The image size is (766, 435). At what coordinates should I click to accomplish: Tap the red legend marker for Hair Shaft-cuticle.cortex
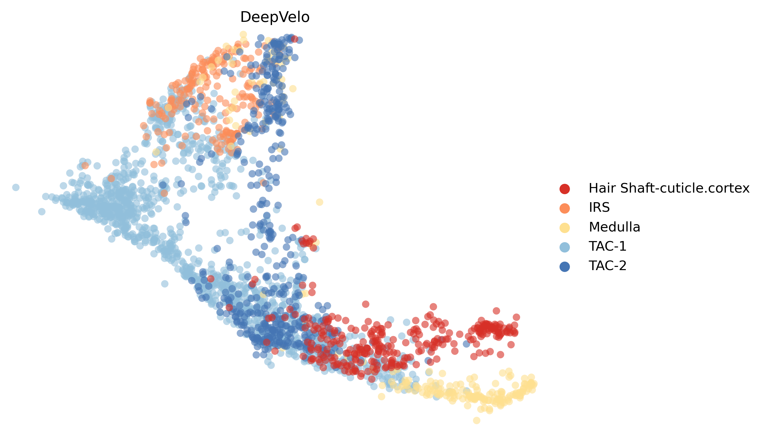564,189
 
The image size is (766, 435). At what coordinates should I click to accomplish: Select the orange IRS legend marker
564,208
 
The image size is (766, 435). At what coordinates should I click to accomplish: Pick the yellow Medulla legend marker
564,228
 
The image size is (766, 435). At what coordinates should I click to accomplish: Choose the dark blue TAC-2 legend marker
564,266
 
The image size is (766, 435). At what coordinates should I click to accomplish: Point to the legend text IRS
599,208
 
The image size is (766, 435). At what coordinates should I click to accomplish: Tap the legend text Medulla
614,227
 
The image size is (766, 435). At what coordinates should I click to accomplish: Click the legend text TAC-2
607,266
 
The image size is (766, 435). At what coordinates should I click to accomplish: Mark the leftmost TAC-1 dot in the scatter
16,187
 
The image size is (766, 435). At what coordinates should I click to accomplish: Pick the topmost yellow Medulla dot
243,34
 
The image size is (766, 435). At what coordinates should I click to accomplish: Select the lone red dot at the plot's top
294,39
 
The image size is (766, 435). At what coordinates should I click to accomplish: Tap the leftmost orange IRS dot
85,165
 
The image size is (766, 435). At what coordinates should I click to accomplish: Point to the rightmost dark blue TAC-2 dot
466,344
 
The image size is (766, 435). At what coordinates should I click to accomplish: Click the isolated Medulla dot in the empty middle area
319,202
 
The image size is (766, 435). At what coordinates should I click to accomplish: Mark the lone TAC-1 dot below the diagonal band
165,283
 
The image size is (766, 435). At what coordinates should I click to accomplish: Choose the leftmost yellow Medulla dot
156,152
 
